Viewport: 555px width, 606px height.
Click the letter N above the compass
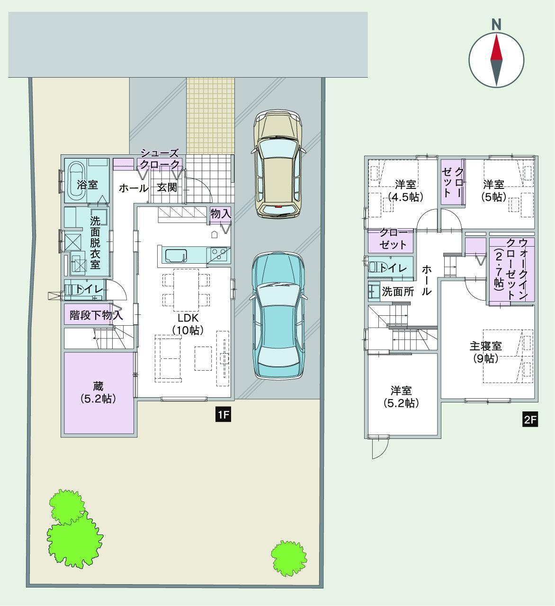click(496, 25)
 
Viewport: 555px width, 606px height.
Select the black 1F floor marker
click(223, 415)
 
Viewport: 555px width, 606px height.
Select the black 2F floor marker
click(530, 420)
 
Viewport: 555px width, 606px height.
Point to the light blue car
click(278, 316)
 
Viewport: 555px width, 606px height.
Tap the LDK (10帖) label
click(188, 324)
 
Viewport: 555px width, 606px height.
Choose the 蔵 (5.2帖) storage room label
click(98, 393)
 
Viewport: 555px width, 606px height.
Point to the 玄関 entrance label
click(167, 187)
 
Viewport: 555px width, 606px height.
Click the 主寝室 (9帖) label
click(485, 352)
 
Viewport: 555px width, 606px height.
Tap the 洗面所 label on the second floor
click(397, 292)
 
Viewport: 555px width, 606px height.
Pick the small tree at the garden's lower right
click(289, 559)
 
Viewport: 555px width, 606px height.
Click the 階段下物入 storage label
click(96, 315)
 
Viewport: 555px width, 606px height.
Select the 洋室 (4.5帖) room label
click(405, 190)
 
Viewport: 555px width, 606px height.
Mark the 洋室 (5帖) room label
click(493, 190)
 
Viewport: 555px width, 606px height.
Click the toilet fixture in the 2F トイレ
click(374, 267)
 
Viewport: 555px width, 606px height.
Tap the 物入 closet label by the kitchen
click(221, 214)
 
